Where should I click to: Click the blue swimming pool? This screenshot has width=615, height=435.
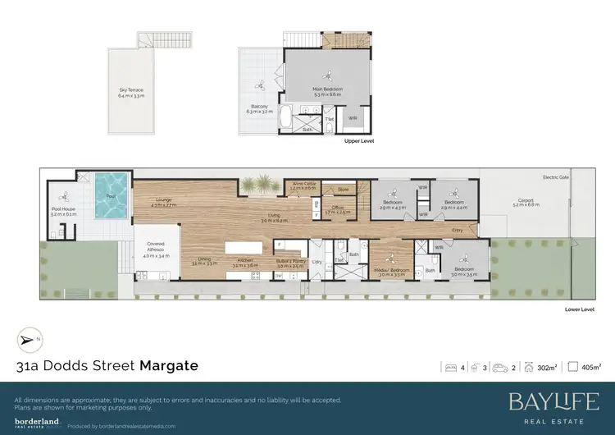(111, 197)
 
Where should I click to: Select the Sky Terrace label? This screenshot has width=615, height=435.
(131, 94)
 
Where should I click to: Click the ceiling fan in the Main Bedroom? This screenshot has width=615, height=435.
(327, 72)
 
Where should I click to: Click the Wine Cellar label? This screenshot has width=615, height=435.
(303, 186)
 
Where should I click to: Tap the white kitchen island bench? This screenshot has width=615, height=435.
(236, 248)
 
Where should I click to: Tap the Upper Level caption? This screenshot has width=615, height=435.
(360, 141)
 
